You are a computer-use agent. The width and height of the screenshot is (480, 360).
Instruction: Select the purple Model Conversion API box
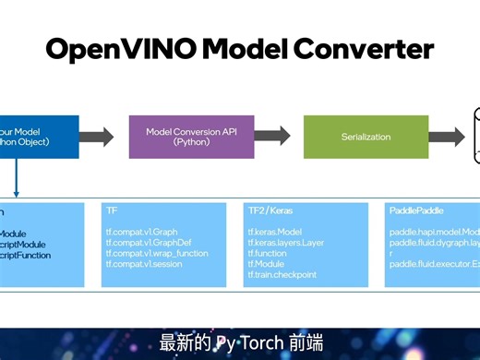191,137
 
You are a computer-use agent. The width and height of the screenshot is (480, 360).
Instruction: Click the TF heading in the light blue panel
112,210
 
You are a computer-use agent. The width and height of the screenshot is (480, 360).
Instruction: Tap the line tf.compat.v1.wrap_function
157,253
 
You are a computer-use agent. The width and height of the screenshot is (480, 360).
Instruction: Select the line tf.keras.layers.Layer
286,243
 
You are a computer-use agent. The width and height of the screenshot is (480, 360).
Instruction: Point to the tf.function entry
268,253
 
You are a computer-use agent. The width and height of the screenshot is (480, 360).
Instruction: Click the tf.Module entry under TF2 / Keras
266,264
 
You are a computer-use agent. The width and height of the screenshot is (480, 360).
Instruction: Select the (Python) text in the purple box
191,143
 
